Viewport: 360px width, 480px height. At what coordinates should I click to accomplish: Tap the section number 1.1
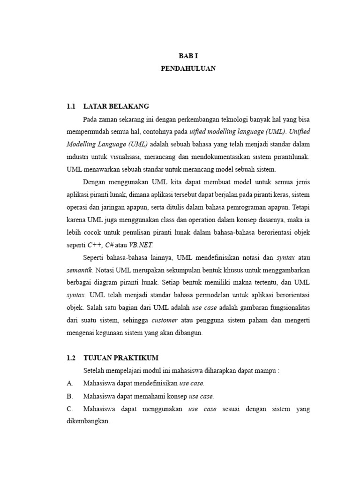(x=71, y=106)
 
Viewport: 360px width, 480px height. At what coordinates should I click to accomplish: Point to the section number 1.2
(x=71, y=358)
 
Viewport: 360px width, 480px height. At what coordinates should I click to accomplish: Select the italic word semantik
(x=80, y=270)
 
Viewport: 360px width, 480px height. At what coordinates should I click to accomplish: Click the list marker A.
(x=69, y=383)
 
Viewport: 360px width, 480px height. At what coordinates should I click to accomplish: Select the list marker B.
(x=69, y=396)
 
